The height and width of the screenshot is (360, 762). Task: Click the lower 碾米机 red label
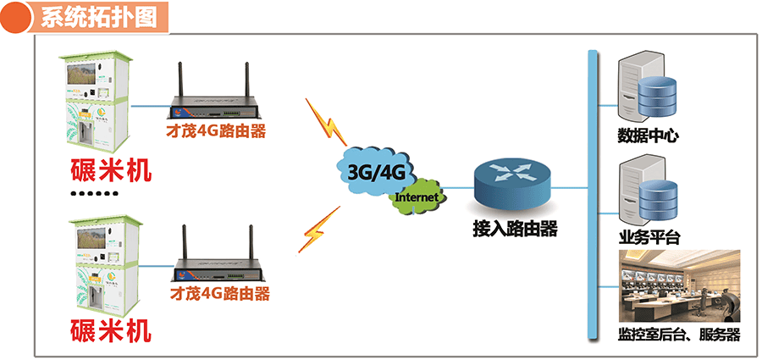click(x=111, y=330)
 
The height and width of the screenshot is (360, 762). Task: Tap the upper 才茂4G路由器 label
click(x=217, y=131)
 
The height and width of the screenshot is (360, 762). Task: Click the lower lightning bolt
click(x=315, y=230)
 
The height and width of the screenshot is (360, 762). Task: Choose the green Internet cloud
click(x=418, y=197)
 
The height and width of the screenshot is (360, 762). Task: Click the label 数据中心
click(x=649, y=135)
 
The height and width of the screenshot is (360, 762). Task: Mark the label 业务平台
click(x=649, y=236)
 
